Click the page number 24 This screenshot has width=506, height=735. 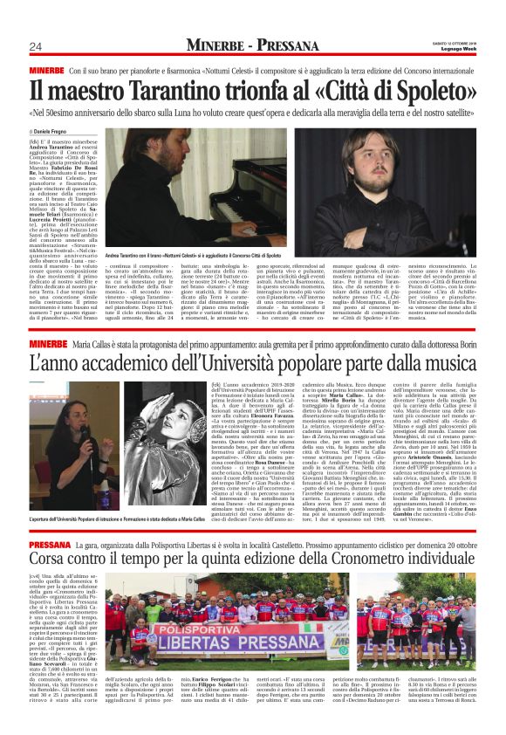(x=36, y=46)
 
